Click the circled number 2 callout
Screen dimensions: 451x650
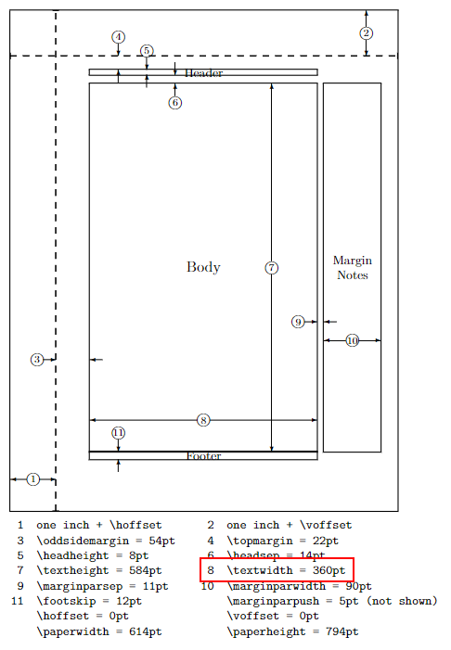click(x=366, y=33)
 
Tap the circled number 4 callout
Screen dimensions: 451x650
click(x=118, y=37)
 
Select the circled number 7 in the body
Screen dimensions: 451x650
click(x=271, y=268)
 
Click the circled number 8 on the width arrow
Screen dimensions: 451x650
click(x=203, y=420)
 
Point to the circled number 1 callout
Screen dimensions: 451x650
click(x=33, y=479)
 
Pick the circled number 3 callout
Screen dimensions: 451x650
click(x=37, y=360)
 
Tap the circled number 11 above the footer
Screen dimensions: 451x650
click(x=118, y=433)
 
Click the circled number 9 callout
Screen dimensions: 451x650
click(x=298, y=322)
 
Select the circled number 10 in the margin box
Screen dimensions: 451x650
click(x=353, y=340)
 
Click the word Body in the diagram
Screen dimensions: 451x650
click(x=203, y=267)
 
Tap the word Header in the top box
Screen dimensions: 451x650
click(x=204, y=73)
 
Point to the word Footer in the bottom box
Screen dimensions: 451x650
click(x=204, y=456)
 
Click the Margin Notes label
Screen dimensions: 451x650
click(x=353, y=268)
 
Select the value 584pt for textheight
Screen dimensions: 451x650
click(x=145, y=571)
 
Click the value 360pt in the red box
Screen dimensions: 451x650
click(x=329, y=571)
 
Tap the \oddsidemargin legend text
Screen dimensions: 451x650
click(x=83, y=541)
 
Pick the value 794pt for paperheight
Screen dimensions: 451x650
click(x=341, y=631)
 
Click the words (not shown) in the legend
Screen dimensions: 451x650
click(x=402, y=601)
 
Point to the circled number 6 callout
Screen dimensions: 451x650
click(x=175, y=102)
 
